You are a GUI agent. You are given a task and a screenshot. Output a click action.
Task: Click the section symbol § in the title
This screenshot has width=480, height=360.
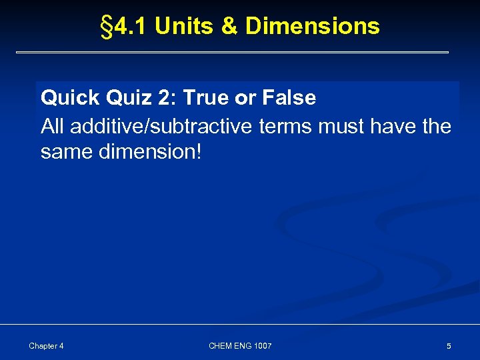[105, 27]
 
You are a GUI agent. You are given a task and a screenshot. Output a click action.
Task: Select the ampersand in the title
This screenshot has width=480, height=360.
[228, 27]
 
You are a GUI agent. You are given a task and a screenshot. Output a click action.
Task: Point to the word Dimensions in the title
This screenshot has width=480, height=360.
[313, 27]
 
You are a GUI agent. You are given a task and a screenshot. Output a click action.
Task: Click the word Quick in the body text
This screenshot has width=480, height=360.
[69, 98]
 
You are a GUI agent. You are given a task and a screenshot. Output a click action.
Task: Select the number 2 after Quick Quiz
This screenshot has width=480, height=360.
[164, 98]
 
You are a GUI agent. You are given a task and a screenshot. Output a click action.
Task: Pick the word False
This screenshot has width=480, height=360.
[289, 98]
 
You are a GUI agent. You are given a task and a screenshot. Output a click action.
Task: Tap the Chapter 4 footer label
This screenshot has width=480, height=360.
[47, 346]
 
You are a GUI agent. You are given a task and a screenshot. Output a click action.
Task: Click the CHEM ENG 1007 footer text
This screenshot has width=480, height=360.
[240, 346]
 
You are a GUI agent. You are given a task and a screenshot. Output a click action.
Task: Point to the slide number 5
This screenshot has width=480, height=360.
[449, 346]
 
